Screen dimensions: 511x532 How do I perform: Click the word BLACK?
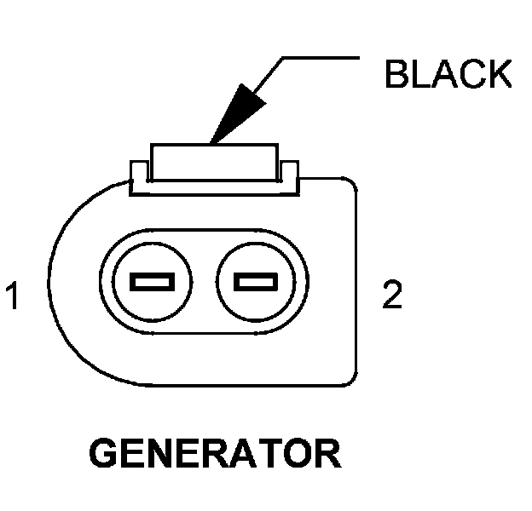point(448,75)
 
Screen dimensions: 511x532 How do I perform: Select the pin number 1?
point(13,297)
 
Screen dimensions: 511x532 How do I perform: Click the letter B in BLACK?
point(396,75)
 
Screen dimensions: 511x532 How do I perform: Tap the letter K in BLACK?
point(498,75)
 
